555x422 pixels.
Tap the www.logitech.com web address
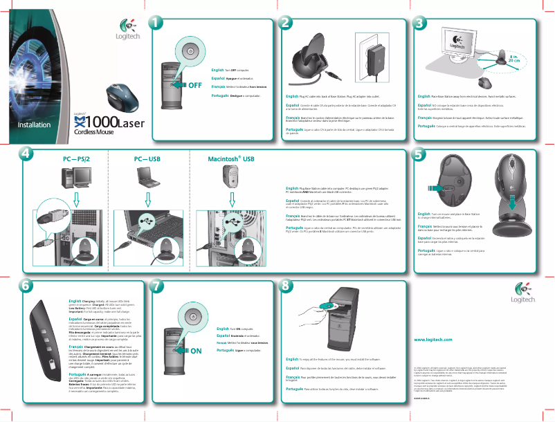433,340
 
